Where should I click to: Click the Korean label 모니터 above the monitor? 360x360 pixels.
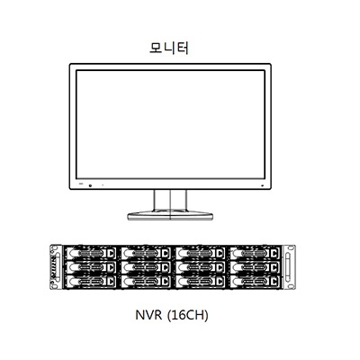click(x=169, y=48)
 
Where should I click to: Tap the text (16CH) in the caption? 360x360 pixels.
click(x=187, y=316)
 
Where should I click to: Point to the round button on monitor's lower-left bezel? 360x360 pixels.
click(x=90, y=184)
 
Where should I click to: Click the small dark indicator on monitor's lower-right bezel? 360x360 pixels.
click(x=263, y=185)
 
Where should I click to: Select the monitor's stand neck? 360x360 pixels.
click(x=170, y=201)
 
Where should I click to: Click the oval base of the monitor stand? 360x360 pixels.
click(x=170, y=216)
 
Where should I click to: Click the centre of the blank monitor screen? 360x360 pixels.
click(x=170, y=124)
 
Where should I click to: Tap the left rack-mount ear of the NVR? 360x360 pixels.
click(x=56, y=267)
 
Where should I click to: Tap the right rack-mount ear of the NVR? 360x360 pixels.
click(x=289, y=267)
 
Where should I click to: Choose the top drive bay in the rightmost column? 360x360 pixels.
click(x=255, y=253)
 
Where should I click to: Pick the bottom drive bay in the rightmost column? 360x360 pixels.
click(x=255, y=282)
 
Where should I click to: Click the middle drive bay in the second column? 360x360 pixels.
click(x=146, y=267)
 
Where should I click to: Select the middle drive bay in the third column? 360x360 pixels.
click(x=201, y=267)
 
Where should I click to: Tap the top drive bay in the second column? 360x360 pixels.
click(x=146, y=253)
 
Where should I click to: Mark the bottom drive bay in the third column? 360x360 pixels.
click(x=201, y=282)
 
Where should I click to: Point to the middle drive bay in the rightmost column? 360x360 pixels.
click(x=255, y=267)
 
